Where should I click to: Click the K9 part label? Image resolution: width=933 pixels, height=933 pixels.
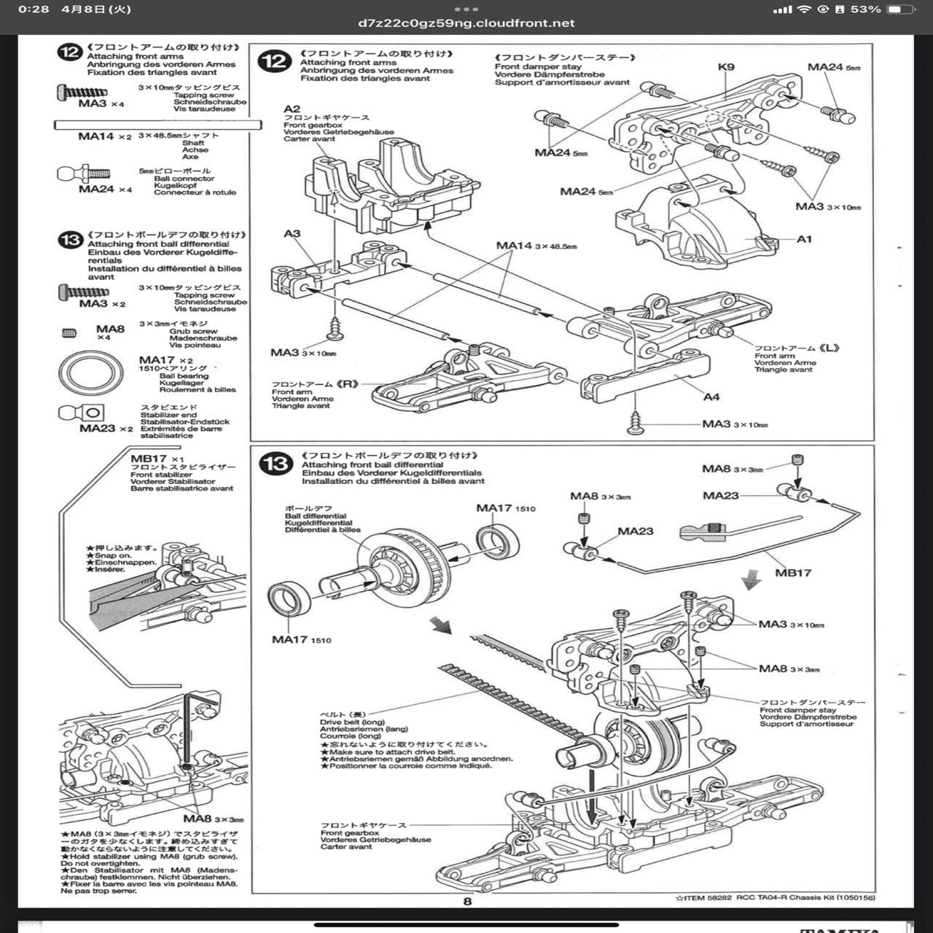[726, 67]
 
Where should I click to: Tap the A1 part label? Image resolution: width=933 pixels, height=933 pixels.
[804, 239]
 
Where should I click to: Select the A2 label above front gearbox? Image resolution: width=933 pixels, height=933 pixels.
[292, 109]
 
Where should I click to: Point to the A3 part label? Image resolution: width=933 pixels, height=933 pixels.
[292, 233]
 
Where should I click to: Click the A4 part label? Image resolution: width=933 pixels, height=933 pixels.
[711, 397]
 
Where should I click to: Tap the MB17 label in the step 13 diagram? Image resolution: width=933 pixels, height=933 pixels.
[793, 573]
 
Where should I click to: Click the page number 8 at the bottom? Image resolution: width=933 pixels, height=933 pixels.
[467, 901]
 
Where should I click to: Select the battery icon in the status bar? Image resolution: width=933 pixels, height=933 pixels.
[900, 9]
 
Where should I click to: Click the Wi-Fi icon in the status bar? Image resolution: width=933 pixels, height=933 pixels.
[804, 9]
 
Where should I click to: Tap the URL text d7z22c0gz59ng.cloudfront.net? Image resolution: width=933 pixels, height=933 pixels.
[466, 23]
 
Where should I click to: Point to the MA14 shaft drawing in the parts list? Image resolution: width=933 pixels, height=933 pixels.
[157, 125]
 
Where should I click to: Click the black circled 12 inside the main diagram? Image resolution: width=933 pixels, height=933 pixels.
[275, 61]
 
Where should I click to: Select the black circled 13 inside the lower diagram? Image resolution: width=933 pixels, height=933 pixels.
[276, 464]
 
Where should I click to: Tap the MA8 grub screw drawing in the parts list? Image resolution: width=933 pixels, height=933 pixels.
[70, 333]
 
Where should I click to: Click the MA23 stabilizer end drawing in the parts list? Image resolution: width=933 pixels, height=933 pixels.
[82, 413]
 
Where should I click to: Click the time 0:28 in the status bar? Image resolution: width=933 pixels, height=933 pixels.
[34, 9]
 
